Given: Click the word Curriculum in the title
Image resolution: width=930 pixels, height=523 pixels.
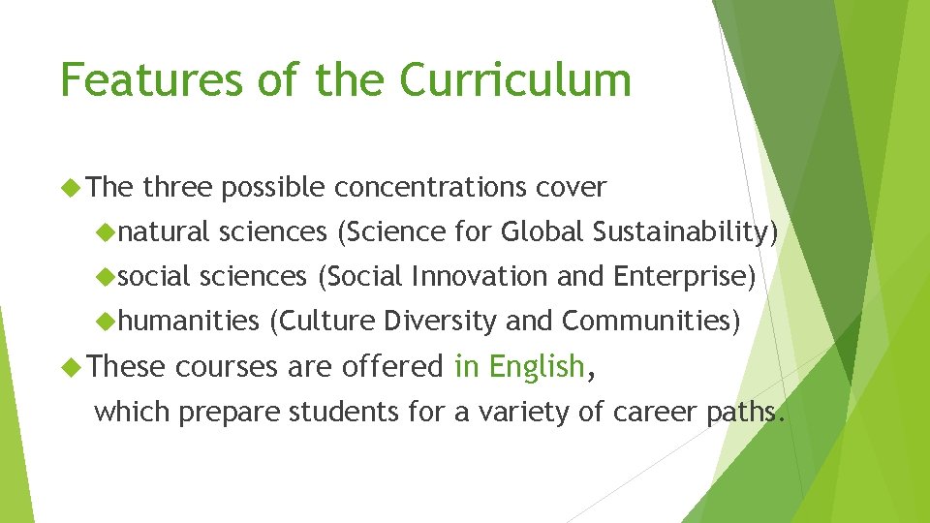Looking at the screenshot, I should click(515, 79).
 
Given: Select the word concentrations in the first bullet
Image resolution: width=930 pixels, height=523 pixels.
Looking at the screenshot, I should click(431, 187).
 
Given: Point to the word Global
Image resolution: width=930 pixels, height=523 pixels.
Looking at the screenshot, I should click(542, 231).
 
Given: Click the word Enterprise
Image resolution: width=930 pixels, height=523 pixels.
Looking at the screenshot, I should click(684, 277).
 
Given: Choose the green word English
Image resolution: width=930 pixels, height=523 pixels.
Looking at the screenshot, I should click(536, 367).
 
